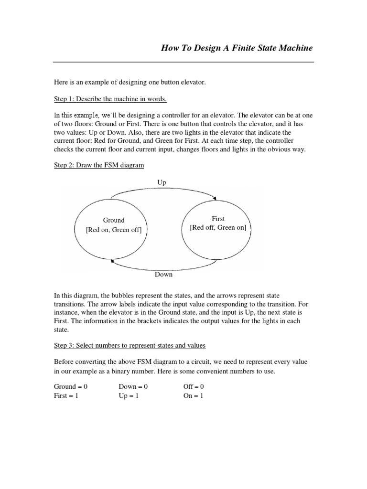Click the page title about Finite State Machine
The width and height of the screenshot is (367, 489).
coord(237,48)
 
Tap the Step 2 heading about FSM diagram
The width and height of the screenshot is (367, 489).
coord(98,165)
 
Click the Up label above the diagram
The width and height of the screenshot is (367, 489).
coord(161,182)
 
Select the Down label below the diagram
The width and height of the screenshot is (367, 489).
coord(163,275)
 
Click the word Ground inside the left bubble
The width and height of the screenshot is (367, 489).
coord(114,220)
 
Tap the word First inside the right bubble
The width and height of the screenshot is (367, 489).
coord(218,219)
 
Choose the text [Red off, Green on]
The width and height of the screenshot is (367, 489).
coord(218,228)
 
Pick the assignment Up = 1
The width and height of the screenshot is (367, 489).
coord(130,396)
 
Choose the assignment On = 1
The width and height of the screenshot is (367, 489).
coord(193,396)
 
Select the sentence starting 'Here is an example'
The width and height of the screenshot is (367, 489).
coord(130,83)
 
